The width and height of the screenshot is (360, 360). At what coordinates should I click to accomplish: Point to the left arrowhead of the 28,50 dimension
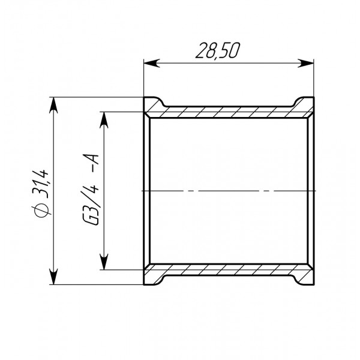coord(150,61)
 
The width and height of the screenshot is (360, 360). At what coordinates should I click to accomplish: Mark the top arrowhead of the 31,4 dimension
coord(55,103)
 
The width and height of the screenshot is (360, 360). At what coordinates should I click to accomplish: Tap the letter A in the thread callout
coord(95,159)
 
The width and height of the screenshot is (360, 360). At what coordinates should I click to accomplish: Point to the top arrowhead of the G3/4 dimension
coord(104,118)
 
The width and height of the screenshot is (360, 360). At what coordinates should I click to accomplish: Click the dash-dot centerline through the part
coord(228,191)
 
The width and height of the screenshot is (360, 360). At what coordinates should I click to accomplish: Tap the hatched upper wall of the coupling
coord(228,112)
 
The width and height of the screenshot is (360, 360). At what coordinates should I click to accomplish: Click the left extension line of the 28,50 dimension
coord(143,78)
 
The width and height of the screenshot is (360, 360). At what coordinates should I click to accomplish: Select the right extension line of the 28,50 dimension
coord(314,78)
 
